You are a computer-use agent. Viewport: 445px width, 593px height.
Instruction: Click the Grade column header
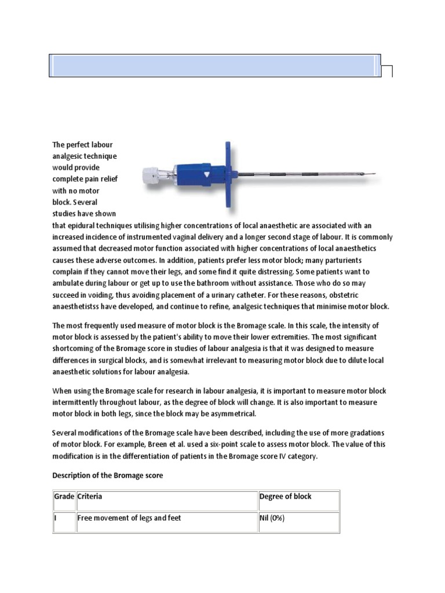coord(64,496)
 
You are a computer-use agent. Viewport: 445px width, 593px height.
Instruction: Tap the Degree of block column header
coord(286,496)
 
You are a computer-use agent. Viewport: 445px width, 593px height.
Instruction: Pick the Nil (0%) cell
coord(272,518)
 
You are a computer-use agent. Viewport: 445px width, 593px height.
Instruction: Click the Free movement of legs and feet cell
coord(129,518)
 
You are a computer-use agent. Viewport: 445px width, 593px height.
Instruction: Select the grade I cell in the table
coord(56,518)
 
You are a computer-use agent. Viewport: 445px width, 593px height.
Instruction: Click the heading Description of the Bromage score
coord(108,475)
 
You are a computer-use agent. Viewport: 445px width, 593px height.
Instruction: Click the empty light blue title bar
coord(214,65)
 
